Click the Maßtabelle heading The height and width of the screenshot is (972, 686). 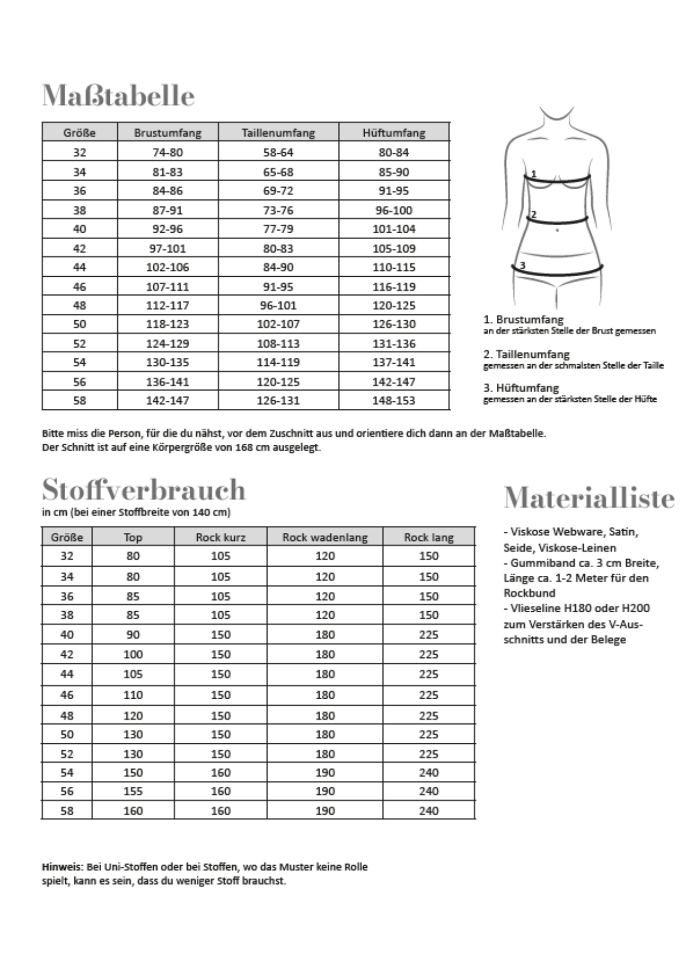pos(118,95)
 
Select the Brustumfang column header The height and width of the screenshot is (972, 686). pos(167,133)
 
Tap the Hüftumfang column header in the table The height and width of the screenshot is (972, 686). pos(394,133)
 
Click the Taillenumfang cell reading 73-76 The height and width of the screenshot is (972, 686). pos(278,210)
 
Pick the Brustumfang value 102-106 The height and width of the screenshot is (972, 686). pos(167,267)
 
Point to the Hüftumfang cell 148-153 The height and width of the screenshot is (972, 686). pos(394,400)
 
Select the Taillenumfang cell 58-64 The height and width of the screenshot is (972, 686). pos(278,152)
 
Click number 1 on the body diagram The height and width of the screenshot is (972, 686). pos(533,173)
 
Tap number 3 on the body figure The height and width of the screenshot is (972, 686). pos(522,265)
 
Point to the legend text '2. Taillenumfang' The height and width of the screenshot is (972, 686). pos(527,354)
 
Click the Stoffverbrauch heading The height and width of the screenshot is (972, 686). pos(143,490)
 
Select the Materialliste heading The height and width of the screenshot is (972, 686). pos(589,497)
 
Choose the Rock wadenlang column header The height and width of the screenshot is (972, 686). pos(325,537)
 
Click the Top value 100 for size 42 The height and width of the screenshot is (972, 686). pos(133,654)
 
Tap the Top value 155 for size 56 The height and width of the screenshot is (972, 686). pos(133,791)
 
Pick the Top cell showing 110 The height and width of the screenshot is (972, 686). pos(133,695)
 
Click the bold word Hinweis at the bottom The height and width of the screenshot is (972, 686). pos(62,867)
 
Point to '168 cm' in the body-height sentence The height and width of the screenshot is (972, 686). pos(252,448)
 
